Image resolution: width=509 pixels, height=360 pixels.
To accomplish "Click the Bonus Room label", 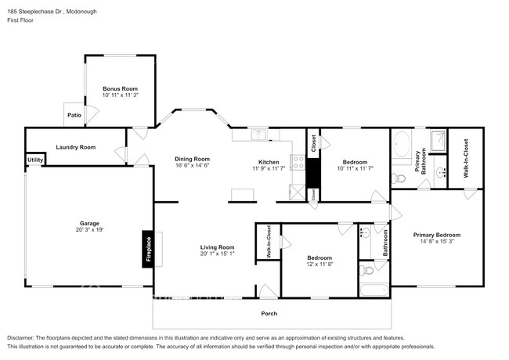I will coord(120,89).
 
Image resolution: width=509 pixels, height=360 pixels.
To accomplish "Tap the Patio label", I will coord(74,115).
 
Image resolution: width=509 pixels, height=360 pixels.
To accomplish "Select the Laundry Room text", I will coord(75,147).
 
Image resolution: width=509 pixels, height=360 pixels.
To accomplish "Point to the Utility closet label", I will coord(35,160).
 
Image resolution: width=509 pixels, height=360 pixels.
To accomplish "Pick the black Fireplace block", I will coord(146,250).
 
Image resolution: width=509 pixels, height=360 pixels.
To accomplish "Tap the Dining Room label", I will coord(192,159).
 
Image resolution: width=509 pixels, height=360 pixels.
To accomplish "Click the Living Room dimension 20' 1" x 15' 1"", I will coord(217,254).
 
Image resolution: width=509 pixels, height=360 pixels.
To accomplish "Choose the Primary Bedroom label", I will coord(436,235).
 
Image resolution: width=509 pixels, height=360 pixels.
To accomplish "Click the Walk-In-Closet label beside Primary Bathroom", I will coord(465,157).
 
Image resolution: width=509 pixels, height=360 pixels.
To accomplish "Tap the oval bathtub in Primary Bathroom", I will coord(402,146).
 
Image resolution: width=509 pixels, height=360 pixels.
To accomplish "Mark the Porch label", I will coord(269,314).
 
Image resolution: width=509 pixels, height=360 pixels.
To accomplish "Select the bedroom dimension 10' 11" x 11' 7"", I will coord(356,168).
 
